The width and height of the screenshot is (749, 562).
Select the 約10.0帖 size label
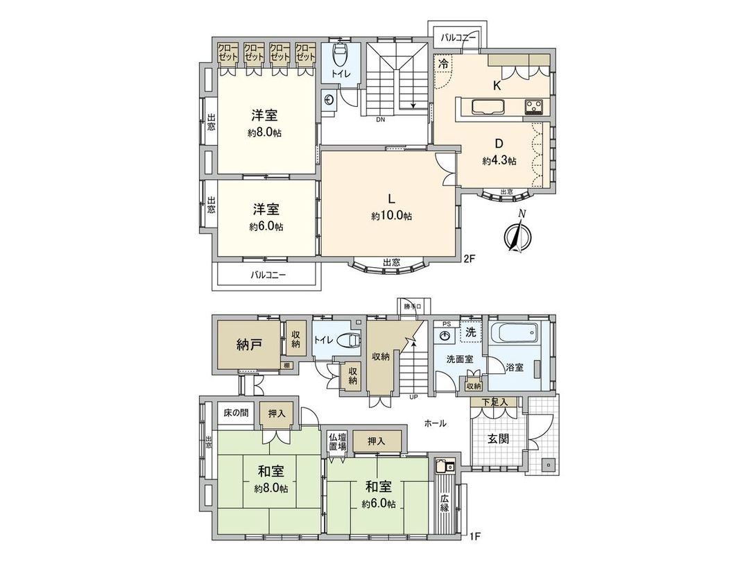pos(391,216)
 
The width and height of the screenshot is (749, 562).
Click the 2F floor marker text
pos(470,259)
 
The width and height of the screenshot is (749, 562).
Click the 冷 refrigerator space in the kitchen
pos(442,63)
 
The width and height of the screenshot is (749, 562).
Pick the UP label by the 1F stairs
pos(413,398)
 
